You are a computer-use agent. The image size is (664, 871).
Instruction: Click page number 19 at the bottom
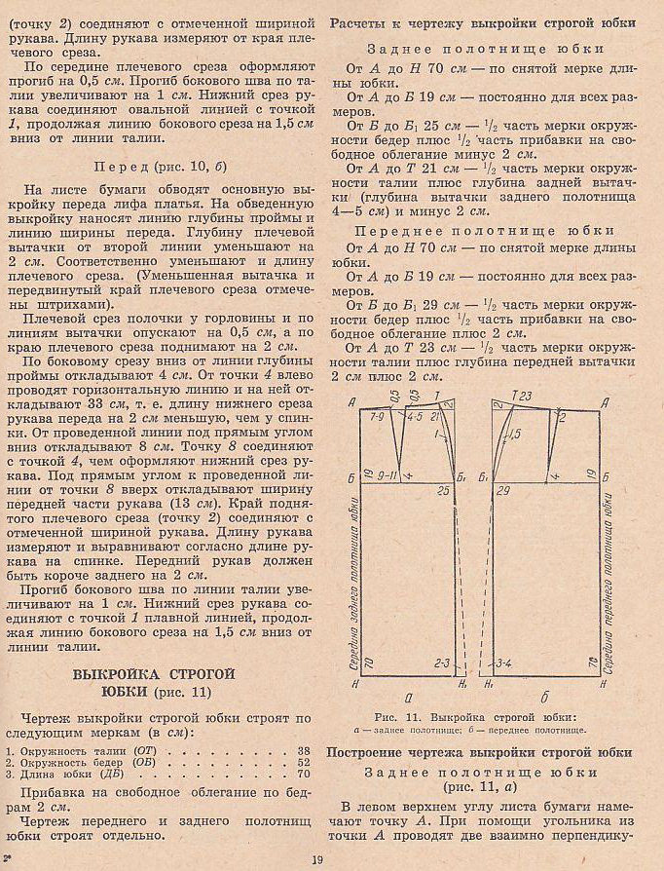tap(317, 858)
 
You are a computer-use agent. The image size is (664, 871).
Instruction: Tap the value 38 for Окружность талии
tap(304, 751)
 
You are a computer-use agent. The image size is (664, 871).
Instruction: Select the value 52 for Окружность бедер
tap(304, 762)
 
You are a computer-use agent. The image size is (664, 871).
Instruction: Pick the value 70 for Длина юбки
tap(304, 774)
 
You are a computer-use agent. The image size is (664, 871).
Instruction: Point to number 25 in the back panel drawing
tap(443, 491)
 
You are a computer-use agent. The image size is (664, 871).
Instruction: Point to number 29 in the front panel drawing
tap(504, 492)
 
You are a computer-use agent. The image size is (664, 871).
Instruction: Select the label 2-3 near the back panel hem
tap(443, 663)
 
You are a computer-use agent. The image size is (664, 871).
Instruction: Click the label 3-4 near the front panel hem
tap(504, 663)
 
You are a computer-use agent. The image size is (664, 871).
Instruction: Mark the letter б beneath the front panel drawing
tap(545, 698)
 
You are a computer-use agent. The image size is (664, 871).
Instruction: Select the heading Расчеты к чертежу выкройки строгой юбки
tap(484, 23)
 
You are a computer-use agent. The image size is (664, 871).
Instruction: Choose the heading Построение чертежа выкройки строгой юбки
tap(479, 752)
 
